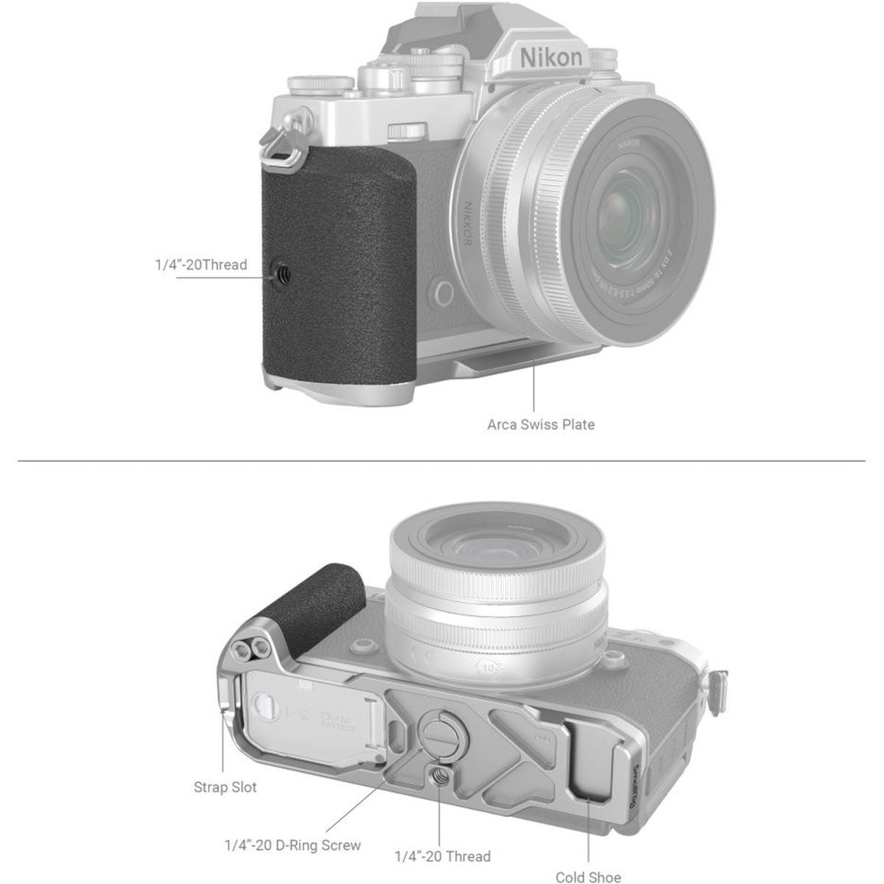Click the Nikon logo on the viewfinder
coord(550,57)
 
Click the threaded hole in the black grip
coord(284,273)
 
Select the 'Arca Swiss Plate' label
coord(541,424)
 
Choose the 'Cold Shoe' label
coord(588,877)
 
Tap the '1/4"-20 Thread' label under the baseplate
coord(442,856)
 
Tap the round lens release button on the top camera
coord(443,292)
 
